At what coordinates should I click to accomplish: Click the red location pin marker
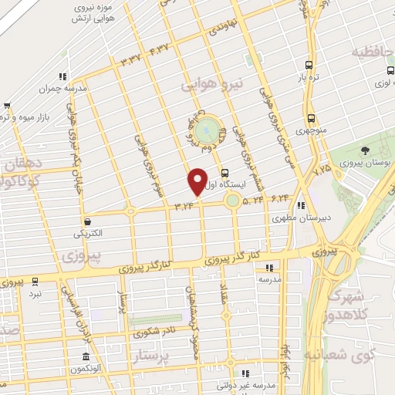[x=197, y=182]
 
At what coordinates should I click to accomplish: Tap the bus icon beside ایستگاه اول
[x=225, y=173]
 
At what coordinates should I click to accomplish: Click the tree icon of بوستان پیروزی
[x=364, y=150]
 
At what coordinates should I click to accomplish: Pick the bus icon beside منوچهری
[x=311, y=119]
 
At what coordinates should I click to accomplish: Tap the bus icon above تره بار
[x=309, y=66]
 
